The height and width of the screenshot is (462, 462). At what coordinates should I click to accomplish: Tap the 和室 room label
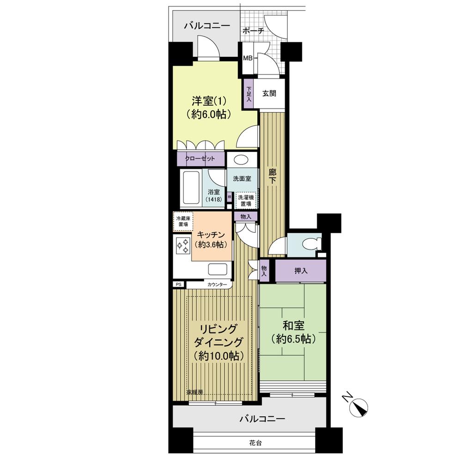(293, 332)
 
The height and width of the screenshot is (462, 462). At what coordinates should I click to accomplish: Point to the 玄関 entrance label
(269, 93)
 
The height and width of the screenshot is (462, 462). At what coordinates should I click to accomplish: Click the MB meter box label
(248, 59)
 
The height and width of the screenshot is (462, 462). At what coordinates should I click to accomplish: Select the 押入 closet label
(301, 271)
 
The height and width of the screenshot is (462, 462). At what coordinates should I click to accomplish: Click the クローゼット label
(200, 158)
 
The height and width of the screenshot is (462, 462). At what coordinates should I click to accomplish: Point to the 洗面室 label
(242, 179)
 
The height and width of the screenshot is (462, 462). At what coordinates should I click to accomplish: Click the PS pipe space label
(178, 285)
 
